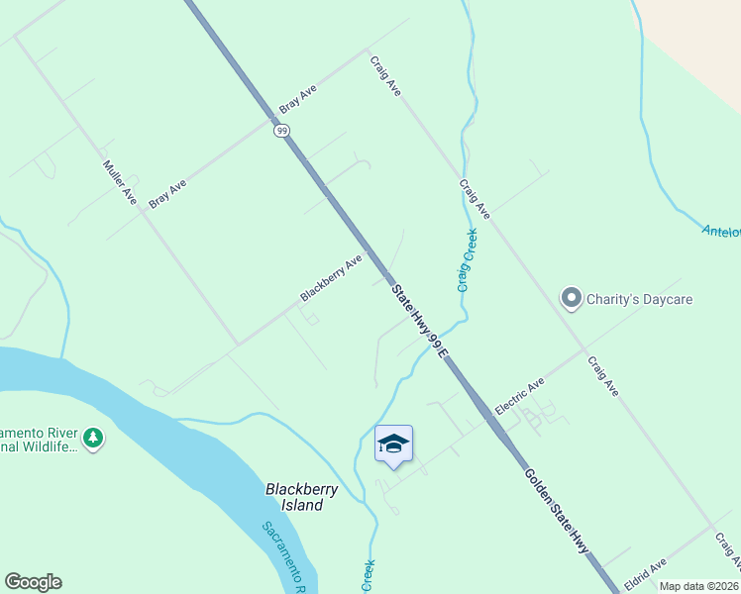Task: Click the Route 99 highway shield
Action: coord(282,130)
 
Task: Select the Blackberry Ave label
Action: coord(332,278)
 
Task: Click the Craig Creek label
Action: coord(468,260)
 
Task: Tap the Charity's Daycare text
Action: coord(639,298)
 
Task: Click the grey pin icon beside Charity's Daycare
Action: coord(571,298)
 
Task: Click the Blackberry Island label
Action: coord(301,497)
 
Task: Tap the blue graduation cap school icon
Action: coord(393,443)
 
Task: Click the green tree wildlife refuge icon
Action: coord(93,438)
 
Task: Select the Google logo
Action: coord(33,582)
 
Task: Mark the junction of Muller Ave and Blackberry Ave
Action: coord(238,345)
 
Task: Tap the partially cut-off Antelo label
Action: coord(721,232)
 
